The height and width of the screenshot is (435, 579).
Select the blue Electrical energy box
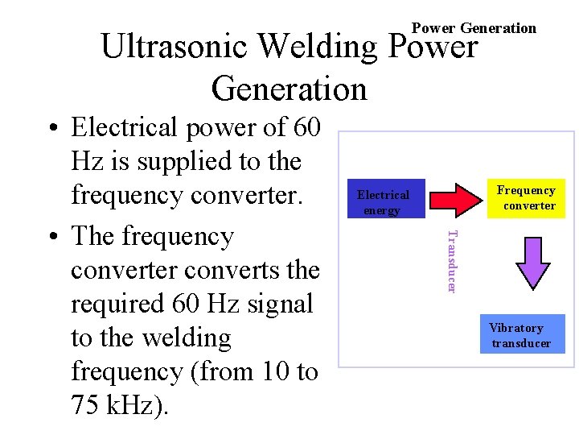384,201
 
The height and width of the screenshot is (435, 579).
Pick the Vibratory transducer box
521,334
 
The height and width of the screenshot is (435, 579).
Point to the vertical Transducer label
452,262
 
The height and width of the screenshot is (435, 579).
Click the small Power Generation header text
474,28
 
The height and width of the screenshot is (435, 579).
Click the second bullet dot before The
51,238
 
